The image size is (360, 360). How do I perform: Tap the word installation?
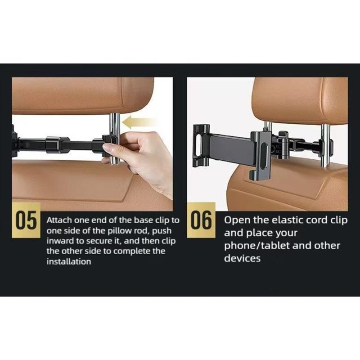[x=69, y=261]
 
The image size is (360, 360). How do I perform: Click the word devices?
[x=242, y=259]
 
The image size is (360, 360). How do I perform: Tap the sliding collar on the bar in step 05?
[x=58, y=144]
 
